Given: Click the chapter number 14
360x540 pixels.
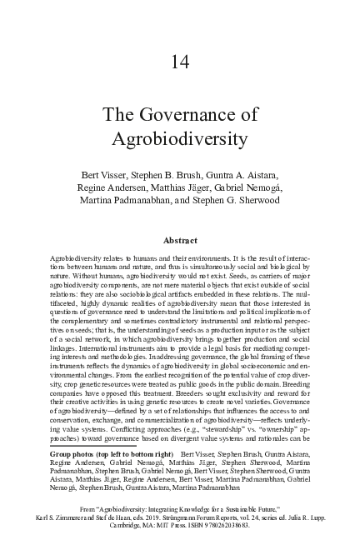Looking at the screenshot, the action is tap(181, 61).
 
